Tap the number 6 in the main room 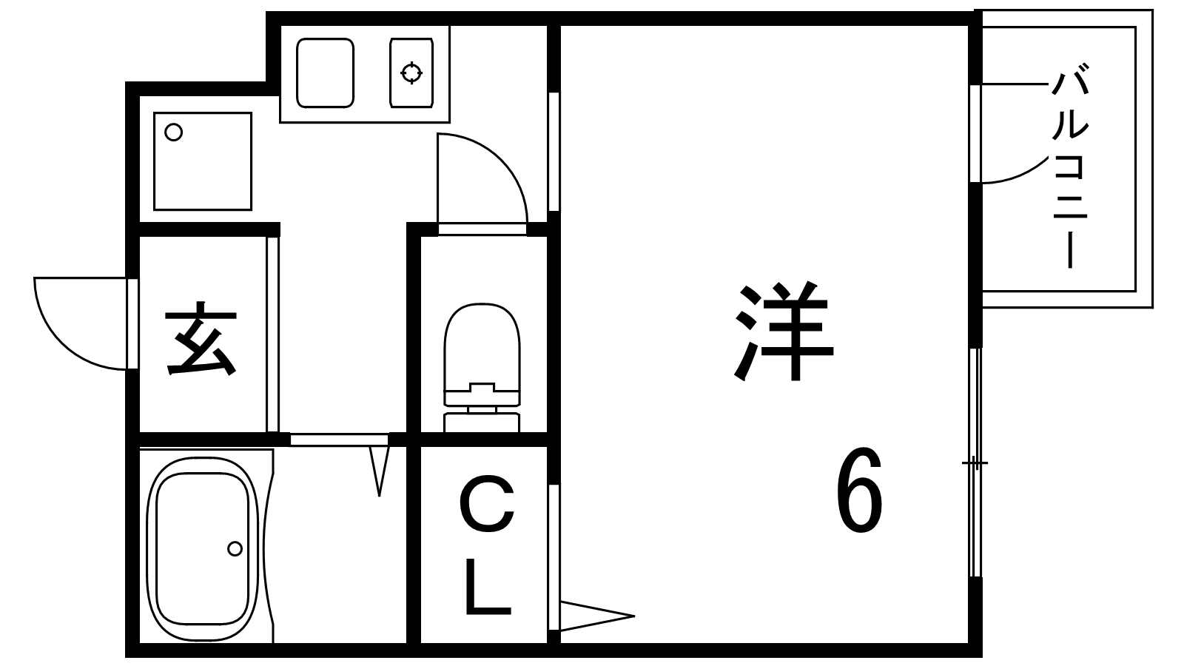(859, 491)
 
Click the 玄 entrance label (201, 340)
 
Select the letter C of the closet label (486, 505)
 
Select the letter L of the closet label (486, 588)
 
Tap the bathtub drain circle (235, 548)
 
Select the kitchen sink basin (325, 73)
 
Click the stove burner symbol (411, 73)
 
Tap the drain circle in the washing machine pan (173, 132)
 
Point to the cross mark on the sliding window (975, 464)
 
